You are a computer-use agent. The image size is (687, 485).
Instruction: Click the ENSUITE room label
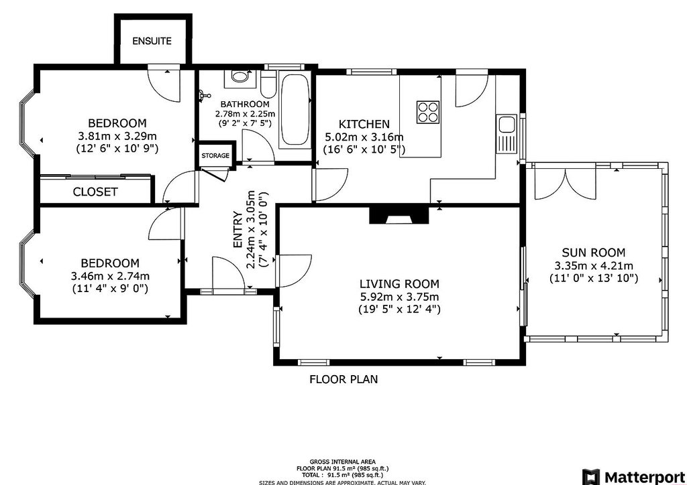coord(152,41)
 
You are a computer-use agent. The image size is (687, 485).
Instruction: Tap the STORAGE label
coord(215,155)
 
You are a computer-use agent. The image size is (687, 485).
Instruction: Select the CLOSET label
coord(95,192)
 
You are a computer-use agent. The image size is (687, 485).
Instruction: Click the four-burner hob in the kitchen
coord(427,112)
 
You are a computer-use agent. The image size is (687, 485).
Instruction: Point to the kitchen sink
coord(506,133)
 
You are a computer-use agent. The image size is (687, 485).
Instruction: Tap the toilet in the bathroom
coord(268,84)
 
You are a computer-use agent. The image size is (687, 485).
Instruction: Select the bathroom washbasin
coord(240,78)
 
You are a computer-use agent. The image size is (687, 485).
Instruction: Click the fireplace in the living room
coord(399,215)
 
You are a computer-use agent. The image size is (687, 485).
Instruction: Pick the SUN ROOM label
coord(594,253)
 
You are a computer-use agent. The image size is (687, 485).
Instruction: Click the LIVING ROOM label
coord(399,284)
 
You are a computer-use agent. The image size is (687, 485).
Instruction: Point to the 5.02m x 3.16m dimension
coord(364,137)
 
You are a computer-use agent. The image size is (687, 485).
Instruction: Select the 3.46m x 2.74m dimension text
coord(110,277)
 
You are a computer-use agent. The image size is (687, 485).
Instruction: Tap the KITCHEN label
coord(364,124)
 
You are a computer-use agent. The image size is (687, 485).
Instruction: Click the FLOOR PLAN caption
coord(343,379)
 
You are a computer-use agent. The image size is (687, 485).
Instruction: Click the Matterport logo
coord(634,477)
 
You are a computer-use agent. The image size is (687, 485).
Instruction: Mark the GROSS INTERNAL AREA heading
coord(343,462)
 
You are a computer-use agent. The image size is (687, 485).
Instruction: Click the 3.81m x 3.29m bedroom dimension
coord(117,135)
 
